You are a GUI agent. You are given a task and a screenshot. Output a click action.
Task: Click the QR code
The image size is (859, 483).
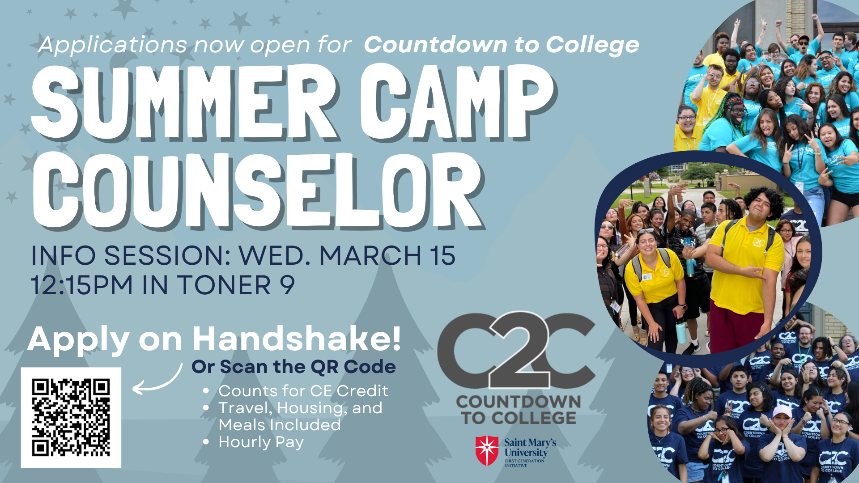71,417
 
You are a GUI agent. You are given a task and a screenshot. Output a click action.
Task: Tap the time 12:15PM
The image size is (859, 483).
82,285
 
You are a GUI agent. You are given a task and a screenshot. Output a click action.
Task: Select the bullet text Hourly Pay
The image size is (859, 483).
261,442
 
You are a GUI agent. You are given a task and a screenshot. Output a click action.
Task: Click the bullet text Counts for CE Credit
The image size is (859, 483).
303,391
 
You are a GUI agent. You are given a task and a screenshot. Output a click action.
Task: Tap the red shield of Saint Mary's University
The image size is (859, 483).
487,451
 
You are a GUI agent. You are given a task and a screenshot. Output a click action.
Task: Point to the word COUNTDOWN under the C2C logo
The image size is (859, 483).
519,402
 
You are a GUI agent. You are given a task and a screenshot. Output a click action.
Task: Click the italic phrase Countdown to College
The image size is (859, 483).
502,45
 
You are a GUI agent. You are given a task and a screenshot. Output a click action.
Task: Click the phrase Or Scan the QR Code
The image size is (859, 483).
293,367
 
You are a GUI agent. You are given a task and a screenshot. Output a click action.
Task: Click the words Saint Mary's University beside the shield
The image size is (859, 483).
530,447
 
